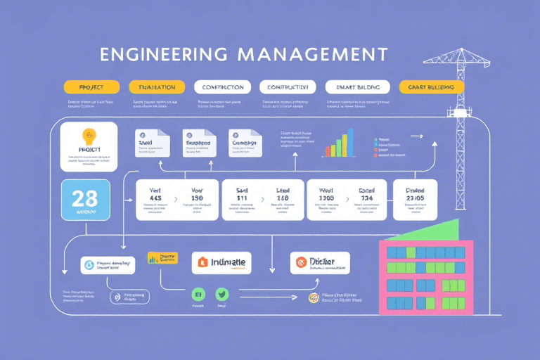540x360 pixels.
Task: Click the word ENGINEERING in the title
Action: tap(163, 55)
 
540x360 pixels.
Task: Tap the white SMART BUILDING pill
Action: tap(357, 87)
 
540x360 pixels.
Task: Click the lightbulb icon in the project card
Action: tap(89, 136)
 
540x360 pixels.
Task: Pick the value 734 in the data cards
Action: tap(367, 199)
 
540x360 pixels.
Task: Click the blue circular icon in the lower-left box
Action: tap(89, 265)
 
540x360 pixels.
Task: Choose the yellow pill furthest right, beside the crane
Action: tap(431, 87)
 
